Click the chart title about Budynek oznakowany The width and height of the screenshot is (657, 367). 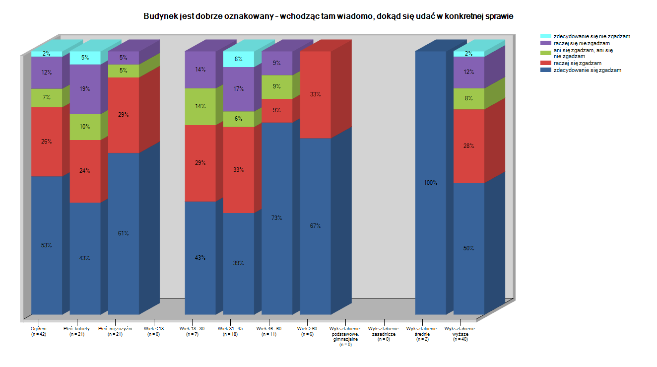[x=328, y=16]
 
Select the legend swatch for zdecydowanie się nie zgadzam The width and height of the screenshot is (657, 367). [x=545, y=36]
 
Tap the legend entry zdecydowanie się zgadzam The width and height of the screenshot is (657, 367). [x=587, y=70]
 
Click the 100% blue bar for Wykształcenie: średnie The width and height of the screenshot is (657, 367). [x=431, y=183]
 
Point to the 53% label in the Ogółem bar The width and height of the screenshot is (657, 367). [x=47, y=245]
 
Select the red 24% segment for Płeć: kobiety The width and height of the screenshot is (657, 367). [x=85, y=171]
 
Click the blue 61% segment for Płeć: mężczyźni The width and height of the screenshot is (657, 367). [x=124, y=233]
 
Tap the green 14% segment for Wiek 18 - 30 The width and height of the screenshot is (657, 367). [x=200, y=106]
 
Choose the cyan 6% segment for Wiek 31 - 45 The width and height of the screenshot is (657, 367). [x=239, y=59]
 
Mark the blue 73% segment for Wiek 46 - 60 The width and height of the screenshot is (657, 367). [x=277, y=218]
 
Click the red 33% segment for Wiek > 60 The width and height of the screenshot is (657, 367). [x=316, y=94]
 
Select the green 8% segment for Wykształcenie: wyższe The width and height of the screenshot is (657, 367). [x=469, y=98]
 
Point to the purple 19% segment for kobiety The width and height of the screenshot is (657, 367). [x=85, y=89]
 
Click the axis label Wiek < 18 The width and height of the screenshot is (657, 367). [x=154, y=331]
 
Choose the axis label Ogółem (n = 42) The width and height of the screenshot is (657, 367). [x=39, y=331]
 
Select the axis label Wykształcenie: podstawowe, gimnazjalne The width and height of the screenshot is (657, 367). [x=345, y=336]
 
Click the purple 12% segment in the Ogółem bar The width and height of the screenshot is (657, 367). [x=47, y=73]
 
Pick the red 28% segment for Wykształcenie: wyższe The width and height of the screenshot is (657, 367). [x=469, y=146]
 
